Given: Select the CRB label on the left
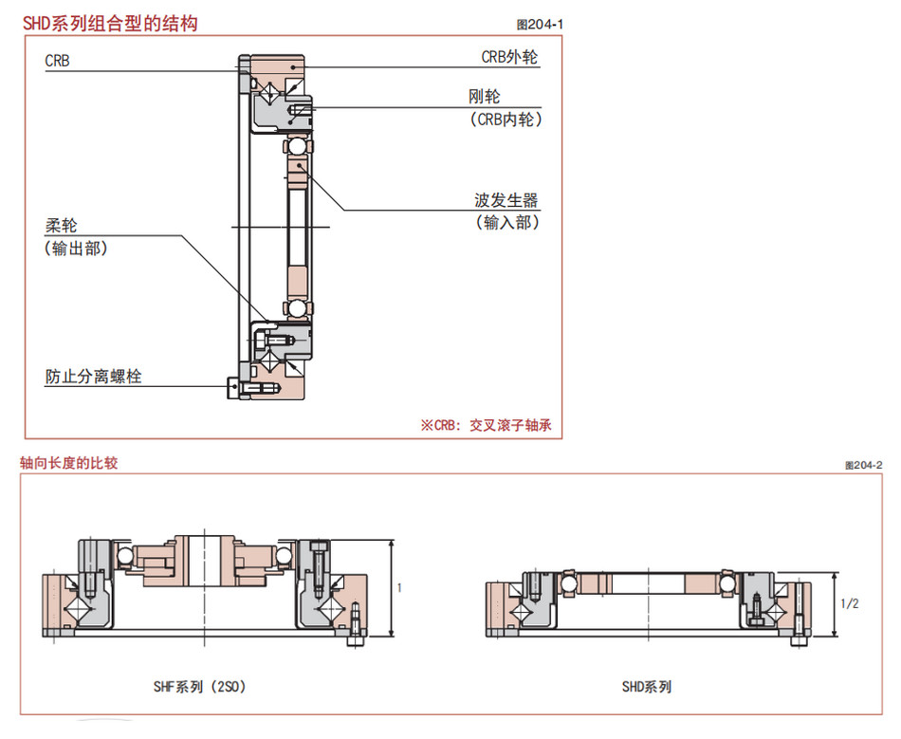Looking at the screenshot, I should coord(57,61).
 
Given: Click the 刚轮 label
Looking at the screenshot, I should coord(484,96).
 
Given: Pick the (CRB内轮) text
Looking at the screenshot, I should coord(505,119).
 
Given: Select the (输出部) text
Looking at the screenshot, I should coord(76,249).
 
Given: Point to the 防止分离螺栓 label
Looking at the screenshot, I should coord(94,377).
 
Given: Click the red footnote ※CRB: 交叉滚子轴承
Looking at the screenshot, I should coord(485,426).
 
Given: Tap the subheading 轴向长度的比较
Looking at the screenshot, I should coord(69,463).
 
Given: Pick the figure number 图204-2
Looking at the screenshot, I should coord(862,464).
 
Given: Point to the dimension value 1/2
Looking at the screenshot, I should coord(850,603).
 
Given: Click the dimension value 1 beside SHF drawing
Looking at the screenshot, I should coord(399,588).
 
